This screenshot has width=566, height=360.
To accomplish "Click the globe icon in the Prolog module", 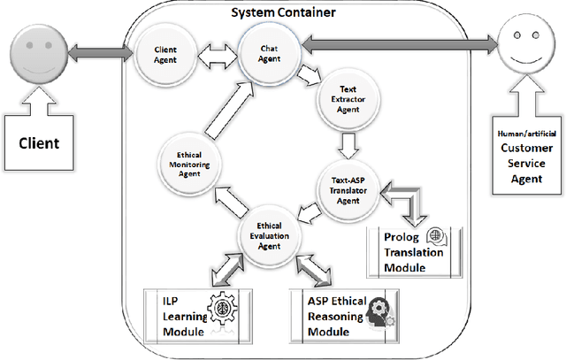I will (435, 236).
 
